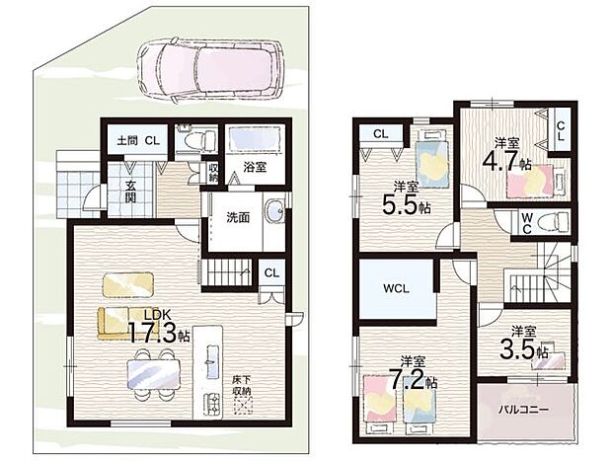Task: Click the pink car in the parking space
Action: coord(211,70)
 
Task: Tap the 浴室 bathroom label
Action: coord(255,168)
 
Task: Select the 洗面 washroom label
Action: coord(238,217)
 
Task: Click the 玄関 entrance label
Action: coord(130,192)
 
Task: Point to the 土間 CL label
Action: coord(138,140)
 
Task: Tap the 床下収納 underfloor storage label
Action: coord(242,384)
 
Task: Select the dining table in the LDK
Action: coord(154,374)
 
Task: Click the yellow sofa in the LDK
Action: coord(119,323)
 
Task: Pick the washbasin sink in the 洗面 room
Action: coord(275,212)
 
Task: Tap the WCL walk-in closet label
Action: coord(396,289)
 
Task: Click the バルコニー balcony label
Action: coord(524,410)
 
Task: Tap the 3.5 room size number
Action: coord(518,349)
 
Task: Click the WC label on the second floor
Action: coord(526,222)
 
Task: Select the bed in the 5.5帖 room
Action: coord(431,159)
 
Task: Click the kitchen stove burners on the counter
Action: coord(211,403)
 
